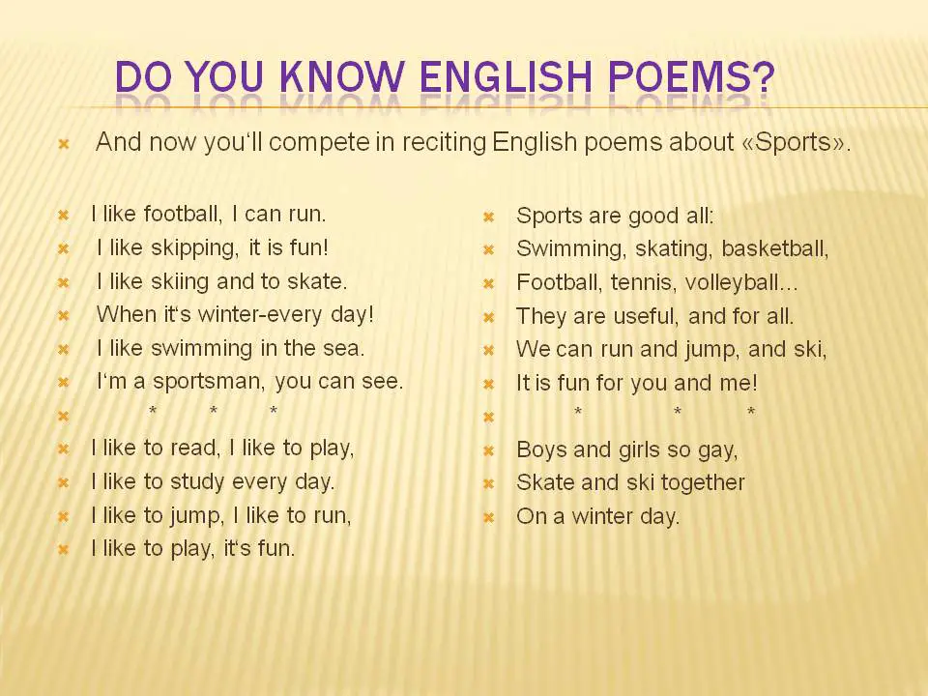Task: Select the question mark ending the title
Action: tap(764, 77)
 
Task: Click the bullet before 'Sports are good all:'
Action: tap(488, 217)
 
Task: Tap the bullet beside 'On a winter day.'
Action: tap(488, 518)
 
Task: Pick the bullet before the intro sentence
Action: tap(64, 144)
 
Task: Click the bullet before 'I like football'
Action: tap(64, 216)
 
